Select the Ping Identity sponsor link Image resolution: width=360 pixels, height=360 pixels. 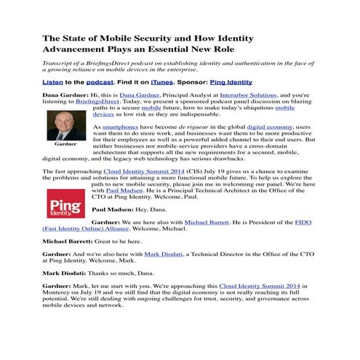(231, 83)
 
